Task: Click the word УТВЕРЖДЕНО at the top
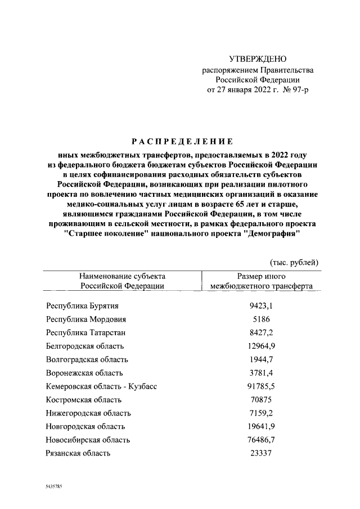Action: [258, 59]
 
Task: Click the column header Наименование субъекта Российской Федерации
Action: [122, 281]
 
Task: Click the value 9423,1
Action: [261, 306]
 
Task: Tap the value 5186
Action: [261, 319]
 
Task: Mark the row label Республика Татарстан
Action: [86, 332]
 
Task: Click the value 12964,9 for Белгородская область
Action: [261, 346]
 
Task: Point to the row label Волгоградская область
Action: [87, 359]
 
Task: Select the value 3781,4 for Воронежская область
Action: [261, 372]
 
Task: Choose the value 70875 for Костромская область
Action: [261, 399]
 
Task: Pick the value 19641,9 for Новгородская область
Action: [261, 426]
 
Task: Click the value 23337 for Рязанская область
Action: [261, 453]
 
